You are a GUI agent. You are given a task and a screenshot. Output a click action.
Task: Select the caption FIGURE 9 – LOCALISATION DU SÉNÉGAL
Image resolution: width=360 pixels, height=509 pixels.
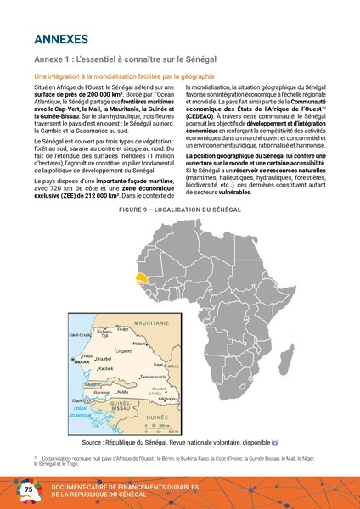(x=179, y=208)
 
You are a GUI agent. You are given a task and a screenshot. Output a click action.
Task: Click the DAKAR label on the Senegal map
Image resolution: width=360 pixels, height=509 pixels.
(x=82, y=361)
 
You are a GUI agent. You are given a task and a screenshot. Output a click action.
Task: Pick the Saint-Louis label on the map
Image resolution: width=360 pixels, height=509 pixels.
(x=81, y=334)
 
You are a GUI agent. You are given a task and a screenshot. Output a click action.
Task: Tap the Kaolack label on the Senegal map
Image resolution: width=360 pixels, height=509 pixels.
(x=106, y=369)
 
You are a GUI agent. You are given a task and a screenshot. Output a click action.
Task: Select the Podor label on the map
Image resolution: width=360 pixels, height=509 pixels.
(x=122, y=328)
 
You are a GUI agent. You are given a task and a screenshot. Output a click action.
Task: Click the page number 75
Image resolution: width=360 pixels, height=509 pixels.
(x=28, y=490)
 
